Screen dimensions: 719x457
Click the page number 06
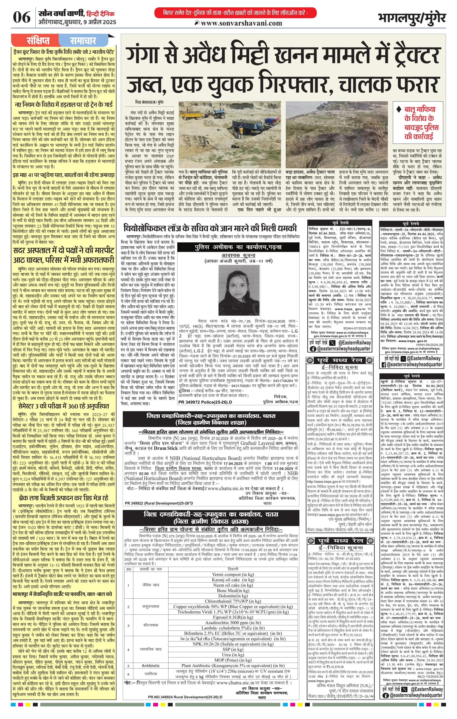click(22, 17)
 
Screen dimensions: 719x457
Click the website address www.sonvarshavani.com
click(241, 23)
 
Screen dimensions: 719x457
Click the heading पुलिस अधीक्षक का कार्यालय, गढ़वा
click(238, 247)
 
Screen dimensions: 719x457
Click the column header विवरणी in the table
click(233, 569)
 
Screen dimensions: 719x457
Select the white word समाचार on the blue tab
click(83, 41)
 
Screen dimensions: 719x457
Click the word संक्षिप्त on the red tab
click(38, 41)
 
